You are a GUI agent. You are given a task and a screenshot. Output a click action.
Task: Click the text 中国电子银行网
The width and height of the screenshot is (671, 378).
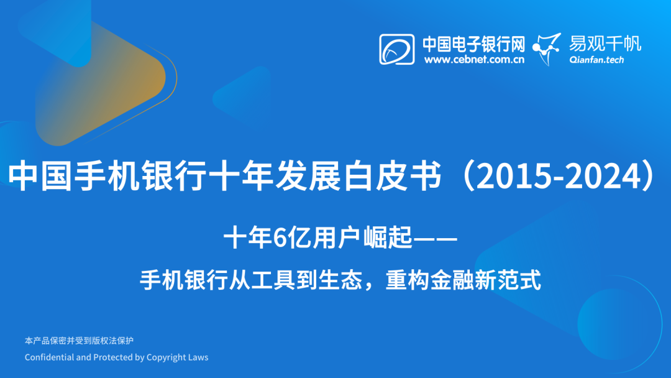(473, 44)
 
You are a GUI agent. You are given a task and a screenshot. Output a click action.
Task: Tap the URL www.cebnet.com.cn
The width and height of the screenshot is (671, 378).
(474, 60)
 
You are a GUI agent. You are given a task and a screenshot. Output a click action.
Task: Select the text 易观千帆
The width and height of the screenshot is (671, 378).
(605, 43)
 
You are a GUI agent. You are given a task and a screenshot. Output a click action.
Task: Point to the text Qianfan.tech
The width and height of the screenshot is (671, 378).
(596, 60)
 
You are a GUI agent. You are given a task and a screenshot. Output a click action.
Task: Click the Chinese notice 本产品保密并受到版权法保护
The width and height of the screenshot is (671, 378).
(79, 341)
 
